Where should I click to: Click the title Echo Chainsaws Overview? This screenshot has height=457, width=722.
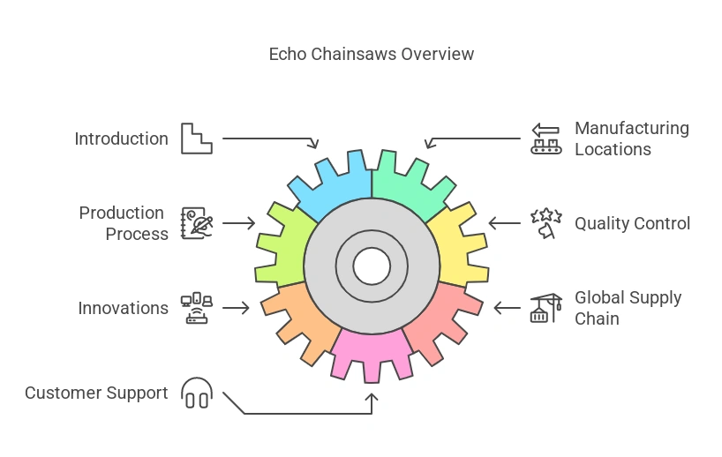371,54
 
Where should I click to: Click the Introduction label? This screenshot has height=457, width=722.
121,139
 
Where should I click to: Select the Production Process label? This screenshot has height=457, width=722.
123,223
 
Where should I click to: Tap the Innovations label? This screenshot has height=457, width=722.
123,308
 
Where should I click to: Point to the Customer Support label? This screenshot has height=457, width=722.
96,393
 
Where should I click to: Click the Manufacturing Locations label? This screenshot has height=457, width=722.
631,139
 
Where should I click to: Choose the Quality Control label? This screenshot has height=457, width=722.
632,223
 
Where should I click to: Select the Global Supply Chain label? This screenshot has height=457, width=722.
628,308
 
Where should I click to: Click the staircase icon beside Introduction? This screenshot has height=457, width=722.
197,139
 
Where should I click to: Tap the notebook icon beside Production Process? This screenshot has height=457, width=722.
197,223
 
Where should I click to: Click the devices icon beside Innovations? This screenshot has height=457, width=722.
197,308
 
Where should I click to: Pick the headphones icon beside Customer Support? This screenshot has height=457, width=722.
197,393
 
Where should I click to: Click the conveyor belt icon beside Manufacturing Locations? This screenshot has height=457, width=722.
545,139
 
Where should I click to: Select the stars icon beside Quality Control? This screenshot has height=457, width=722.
545,223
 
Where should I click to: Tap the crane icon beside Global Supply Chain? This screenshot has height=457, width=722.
545,308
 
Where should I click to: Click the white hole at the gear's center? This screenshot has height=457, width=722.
372,265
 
